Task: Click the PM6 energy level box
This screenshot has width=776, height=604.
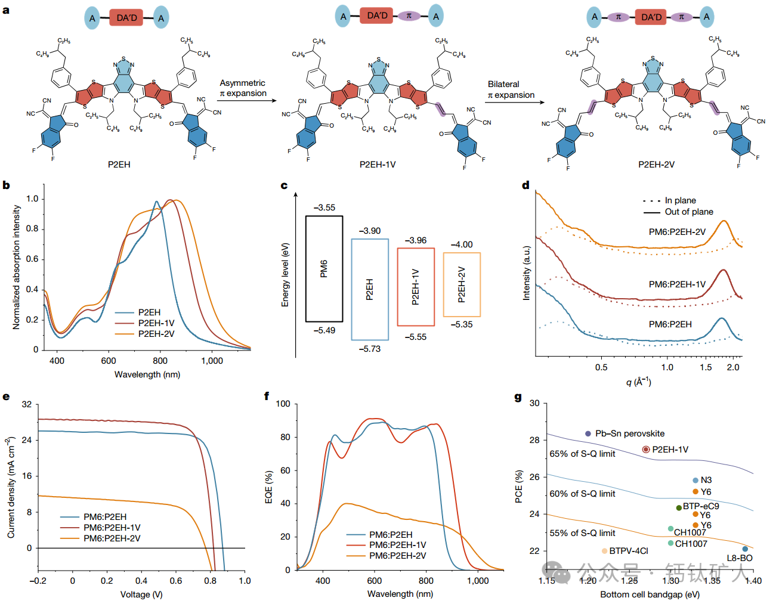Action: pos(324,269)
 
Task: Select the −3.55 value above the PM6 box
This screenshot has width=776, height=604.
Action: pos(324,207)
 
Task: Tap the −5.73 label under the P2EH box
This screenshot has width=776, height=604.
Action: pos(370,349)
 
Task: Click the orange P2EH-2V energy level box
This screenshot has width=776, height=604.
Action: pos(462,284)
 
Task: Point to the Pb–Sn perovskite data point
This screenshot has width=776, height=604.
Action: pos(588,433)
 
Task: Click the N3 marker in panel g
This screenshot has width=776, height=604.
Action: pos(695,480)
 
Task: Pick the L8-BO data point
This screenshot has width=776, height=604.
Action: pos(745,549)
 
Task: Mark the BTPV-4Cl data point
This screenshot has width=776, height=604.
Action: pos(605,551)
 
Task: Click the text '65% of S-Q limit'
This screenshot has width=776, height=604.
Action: pos(582,454)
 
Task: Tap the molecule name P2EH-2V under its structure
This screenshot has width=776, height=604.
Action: pos(656,165)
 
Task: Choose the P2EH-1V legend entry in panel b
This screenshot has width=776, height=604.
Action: pos(156,323)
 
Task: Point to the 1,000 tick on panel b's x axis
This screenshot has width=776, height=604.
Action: pos(212,361)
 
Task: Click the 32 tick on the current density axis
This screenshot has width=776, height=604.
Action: pos(27,404)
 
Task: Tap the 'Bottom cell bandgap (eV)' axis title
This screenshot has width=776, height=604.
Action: pos(650,594)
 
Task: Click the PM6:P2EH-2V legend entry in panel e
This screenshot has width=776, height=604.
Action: pos(112,538)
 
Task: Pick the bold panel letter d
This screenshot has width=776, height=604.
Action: pos(525,185)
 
